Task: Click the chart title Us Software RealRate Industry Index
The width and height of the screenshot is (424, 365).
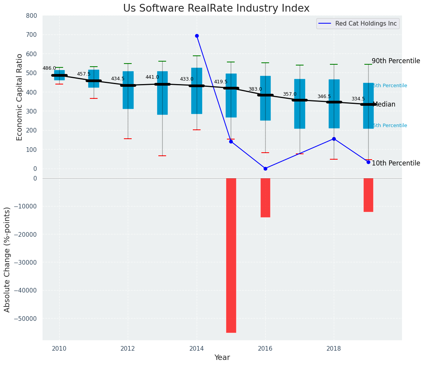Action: [216, 8]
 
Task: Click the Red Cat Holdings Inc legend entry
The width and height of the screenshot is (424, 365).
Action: [366, 24]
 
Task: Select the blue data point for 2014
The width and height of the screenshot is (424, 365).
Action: [197, 36]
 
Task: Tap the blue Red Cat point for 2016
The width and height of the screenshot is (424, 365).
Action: [265, 169]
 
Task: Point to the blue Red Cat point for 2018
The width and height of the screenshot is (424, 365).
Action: [334, 139]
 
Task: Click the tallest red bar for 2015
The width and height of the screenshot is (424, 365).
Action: [231, 255]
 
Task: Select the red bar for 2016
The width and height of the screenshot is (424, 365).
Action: [265, 198]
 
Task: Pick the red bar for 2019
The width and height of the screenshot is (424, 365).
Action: [368, 195]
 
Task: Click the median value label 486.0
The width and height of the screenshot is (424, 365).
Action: [49, 68]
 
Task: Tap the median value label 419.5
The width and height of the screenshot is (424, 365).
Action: [221, 82]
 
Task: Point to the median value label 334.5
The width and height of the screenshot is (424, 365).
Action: [358, 99]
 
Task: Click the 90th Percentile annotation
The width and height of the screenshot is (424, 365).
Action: [396, 61]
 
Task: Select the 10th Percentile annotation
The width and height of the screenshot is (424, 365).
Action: [396, 163]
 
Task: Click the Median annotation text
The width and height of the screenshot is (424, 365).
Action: [384, 104]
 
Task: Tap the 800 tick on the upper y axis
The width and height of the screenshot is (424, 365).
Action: [32, 15]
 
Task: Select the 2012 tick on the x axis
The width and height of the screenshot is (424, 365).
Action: [128, 348]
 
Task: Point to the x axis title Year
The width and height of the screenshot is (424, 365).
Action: [222, 358]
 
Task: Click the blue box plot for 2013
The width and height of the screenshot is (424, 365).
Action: [162, 93]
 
